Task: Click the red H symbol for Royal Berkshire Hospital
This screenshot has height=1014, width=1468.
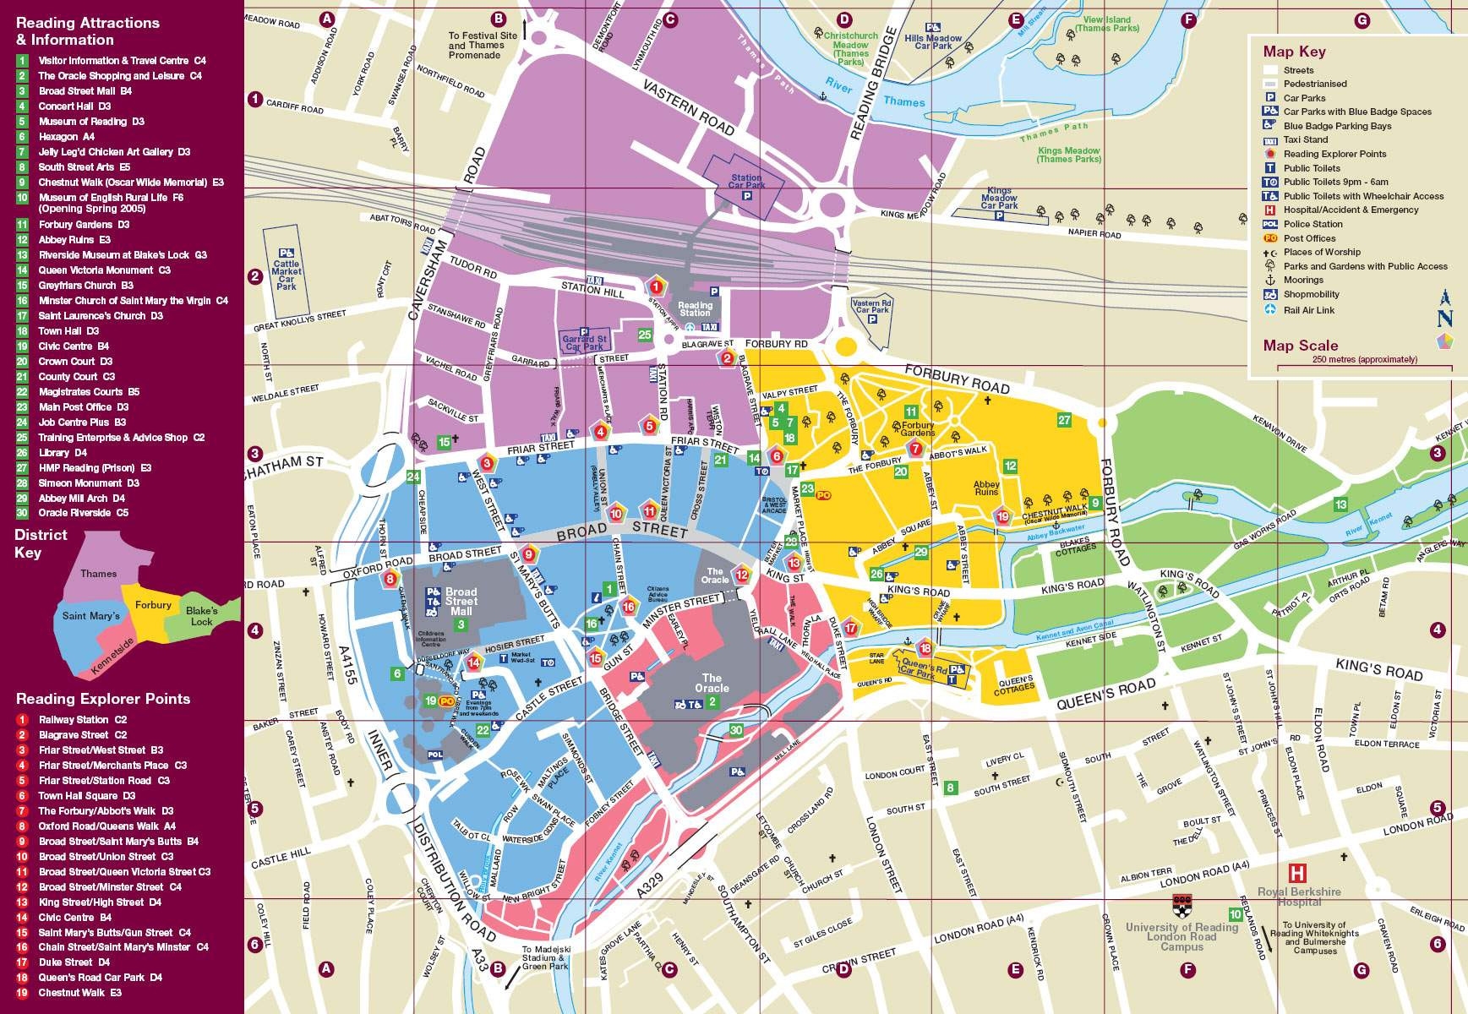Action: coord(1297,873)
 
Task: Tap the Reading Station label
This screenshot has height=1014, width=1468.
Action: coord(696,309)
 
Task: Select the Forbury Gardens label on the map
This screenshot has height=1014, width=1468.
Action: coord(918,428)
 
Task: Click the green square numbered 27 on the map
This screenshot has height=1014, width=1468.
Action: coord(1064,420)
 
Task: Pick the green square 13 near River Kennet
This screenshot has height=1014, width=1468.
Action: coord(1340,504)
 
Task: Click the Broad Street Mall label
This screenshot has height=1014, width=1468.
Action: coord(461,601)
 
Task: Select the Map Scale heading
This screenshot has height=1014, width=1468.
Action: coord(1300,345)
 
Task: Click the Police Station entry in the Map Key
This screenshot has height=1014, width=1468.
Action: coord(1312,224)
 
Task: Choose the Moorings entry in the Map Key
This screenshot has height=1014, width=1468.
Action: coord(1302,280)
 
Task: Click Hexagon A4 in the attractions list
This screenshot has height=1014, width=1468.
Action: coord(66,136)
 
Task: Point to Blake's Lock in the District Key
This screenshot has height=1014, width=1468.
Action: coord(202,615)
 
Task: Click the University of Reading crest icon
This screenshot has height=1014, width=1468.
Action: coord(1181,907)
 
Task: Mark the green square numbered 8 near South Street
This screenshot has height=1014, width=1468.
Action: coord(951,788)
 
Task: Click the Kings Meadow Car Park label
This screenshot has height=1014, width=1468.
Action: coord(999,200)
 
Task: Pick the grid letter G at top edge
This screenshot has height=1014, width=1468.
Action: coord(1362,20)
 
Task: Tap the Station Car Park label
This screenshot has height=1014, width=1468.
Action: coord(745,182)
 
